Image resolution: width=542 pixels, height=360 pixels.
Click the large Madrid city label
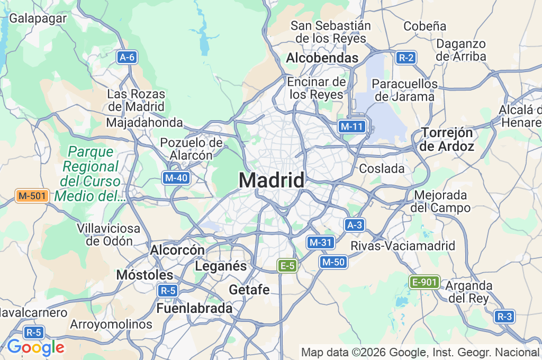[x=272, y=181]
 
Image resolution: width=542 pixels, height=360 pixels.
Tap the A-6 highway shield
[x=127, y=58]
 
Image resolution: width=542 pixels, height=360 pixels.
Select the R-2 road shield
[x=406, y=58]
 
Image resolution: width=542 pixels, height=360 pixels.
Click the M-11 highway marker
[x=352, y=127]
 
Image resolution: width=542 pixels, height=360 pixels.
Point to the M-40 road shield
[x=176, y=178]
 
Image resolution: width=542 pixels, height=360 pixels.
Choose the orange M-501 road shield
[x=32, y=196]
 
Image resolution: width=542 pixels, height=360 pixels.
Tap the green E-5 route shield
[x=287, y=266]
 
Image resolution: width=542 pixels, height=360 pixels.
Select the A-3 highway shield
[x=354, y=225]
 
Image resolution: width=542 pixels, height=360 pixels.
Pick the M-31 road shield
[x=320, y=242]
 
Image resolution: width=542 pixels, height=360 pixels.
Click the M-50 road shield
[x=333, y=262]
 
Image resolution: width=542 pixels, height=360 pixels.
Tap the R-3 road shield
[x=504, y=317]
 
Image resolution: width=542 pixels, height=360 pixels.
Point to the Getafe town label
[x=249, y=290]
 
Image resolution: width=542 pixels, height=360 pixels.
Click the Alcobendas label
[x=322, y=58]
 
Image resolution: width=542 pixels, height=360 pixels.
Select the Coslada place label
[x=382, y=169]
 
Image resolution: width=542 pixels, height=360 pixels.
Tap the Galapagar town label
[x=38, y=18]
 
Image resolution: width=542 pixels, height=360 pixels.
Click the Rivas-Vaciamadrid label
[x=403, y=246]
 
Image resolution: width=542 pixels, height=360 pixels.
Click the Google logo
[x=35, y=348]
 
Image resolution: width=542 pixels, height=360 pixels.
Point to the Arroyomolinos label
[x=111, y=324]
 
